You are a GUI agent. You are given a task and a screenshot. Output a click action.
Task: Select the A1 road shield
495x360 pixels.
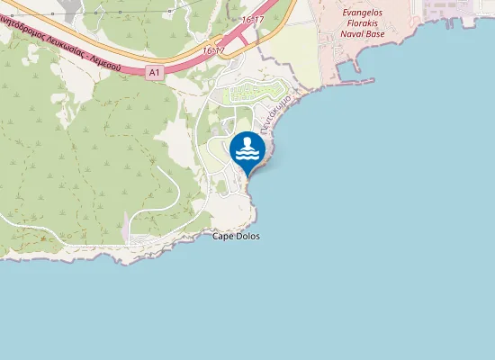pyautogui.click(x=154, y=72)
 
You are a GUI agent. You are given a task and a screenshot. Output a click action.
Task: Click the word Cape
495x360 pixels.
pyautogui.click(x=221, y=237)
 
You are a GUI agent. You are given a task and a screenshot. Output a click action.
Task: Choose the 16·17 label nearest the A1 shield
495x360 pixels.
pyautogui.click(x=214, y=51)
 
